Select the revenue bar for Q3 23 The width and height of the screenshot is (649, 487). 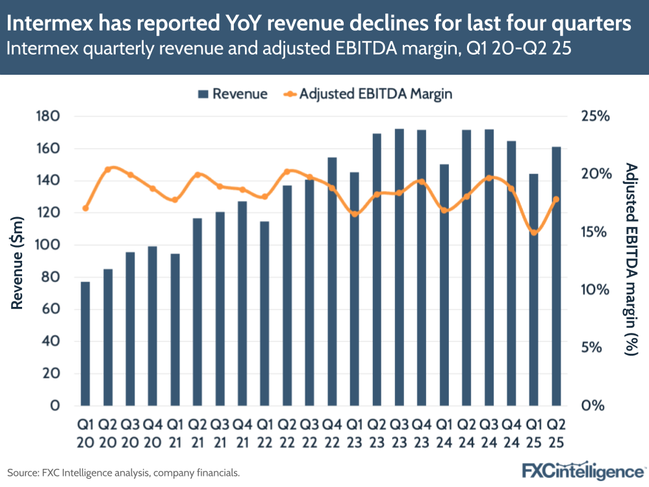pos(400,267)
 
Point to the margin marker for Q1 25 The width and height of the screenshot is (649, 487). pos(534,232)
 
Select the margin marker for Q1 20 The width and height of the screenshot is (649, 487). pos(85,208)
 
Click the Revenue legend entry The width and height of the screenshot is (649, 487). pos(232,94)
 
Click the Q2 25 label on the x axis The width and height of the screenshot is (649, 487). pos(556,432)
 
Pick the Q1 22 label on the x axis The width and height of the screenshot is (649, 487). pos(264,432)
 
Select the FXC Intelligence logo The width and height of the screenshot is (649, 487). pos(583,470)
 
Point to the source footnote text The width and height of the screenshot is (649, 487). pos(123,473)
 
